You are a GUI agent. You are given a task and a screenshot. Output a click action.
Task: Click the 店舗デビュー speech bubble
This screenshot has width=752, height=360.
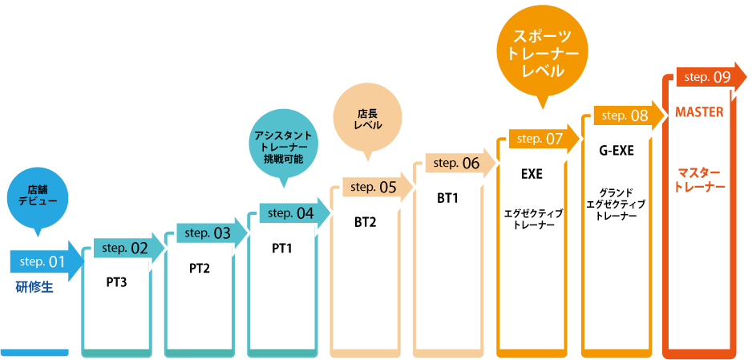[37, 195]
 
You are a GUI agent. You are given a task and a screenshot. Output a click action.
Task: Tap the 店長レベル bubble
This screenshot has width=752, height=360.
[368, 120]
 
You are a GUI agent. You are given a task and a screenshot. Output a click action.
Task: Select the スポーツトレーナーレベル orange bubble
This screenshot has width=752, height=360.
[540, 52]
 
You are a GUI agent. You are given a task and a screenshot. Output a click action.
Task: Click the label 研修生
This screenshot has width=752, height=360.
[34, 287]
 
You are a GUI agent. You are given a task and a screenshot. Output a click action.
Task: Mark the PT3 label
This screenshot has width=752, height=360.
[117, 281]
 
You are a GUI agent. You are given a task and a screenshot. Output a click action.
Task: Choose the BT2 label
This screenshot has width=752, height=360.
[365, 222]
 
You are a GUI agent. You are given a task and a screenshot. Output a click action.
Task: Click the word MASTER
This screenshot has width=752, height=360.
[699, 112]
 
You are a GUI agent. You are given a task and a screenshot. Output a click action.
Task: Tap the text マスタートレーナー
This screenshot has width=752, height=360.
[700, 179]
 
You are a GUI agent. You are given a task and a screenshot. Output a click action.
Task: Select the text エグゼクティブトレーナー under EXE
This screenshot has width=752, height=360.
[533, 219]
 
